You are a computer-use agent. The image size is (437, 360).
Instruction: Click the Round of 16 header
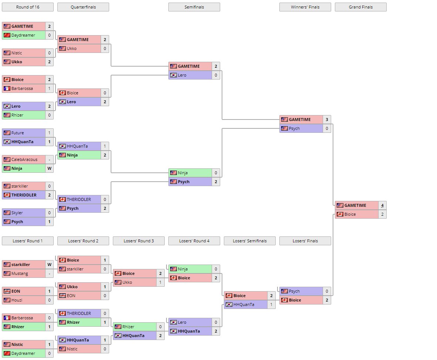[x=28, y=7]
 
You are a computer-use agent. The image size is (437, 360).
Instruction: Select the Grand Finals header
[x=360, y=7]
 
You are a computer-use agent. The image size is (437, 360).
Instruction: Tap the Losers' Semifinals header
[x=250, y=241]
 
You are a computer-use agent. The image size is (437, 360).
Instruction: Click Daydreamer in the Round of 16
[x=23, y=35]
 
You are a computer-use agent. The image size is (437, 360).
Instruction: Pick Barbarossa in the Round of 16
[x=22, y=88]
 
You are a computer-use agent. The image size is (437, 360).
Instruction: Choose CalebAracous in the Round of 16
[x=24, y=159]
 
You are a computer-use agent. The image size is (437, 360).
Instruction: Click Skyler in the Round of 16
[x=17, y=213]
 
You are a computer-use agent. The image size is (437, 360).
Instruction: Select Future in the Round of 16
[x=17, y=133]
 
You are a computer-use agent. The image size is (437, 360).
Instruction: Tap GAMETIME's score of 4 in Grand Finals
[x=382, y=205]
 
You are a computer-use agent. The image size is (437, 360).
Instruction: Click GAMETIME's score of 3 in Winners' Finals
[x=327, y=120]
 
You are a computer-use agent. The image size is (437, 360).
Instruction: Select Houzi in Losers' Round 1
[x=17, y=300]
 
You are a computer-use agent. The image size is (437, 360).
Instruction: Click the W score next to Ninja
[x=49, y=168]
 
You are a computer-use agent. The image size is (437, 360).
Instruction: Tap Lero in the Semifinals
[x=182, y=75]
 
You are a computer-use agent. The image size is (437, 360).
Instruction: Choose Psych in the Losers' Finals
[x=294, y=291]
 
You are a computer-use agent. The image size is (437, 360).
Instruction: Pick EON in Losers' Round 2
[x=71, y=296]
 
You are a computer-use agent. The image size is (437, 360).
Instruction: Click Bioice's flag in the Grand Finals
[x=340, y=214]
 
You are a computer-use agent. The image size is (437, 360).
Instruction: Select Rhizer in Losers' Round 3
[x=128, y=327]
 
